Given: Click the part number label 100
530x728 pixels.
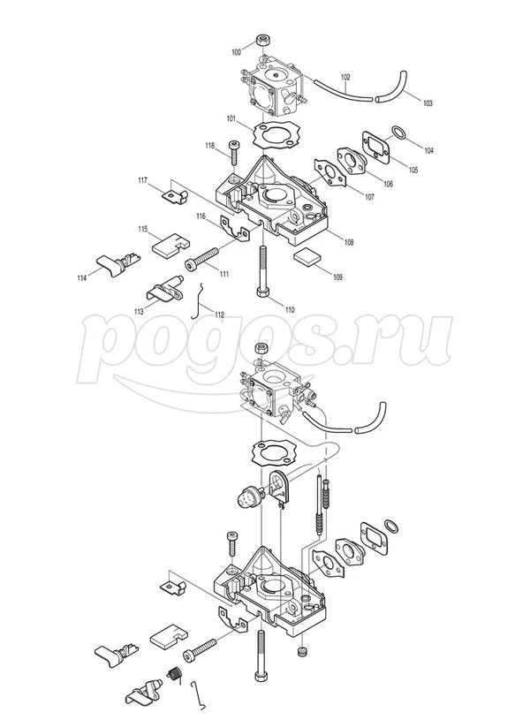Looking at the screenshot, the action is click(x=237, y=52).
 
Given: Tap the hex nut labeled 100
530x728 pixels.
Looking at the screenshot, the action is click(x=263, y=40).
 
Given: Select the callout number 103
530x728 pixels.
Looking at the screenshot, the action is click(x=427, y=102).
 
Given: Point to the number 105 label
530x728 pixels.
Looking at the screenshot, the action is click(x=413, y=170).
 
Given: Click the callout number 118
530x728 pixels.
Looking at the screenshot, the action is click(x=210, y=146).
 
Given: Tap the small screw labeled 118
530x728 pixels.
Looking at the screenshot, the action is click(x=234, y=152).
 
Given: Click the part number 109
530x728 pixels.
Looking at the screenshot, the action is click(x=337, y=277).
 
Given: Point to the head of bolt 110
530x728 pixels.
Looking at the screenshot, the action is click(x=262, y=292).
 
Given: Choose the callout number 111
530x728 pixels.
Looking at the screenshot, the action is click(x=224, y=274).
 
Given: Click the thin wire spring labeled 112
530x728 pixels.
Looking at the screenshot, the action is click(x=198, y=300).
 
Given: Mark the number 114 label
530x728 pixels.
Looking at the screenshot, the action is click(x=81, y=277).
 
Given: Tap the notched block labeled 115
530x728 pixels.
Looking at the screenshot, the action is click(x=170, y=243).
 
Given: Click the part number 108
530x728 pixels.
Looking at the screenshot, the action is click(x=348, y=242).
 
